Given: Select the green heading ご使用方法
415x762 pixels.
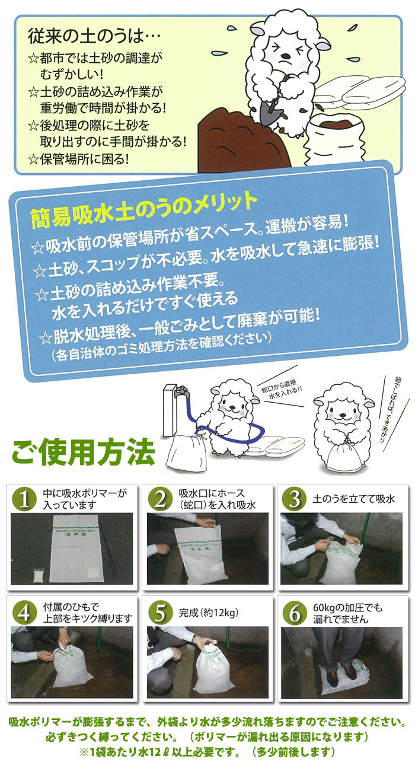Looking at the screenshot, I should point(84,452).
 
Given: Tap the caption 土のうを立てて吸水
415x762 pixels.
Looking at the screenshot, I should point(353,499).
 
